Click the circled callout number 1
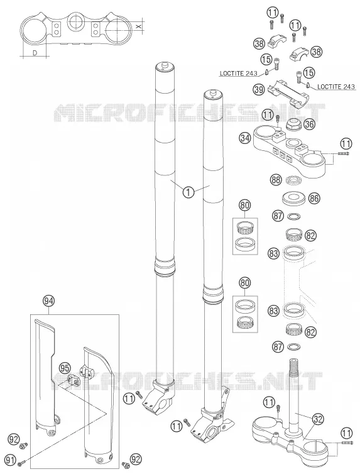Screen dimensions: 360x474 (x=188, y=192)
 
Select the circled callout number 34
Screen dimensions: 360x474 (x=245, y=138)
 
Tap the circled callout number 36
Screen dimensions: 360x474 (x=308, y=124)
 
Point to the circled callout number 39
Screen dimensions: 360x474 (x=259, y=89)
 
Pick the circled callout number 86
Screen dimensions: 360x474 (x=314, y=199)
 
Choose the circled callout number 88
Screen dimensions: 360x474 (x=275, y=180)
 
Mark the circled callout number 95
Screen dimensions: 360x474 (x=65, y=368)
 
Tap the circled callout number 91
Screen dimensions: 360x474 (x=11, y=461)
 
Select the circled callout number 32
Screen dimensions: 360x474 (x=318, y=419)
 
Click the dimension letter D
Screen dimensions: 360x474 (x=35, y=53)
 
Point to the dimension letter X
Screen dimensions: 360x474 (x=139, y=26)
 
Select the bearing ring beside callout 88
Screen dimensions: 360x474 (x=293, y=180)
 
